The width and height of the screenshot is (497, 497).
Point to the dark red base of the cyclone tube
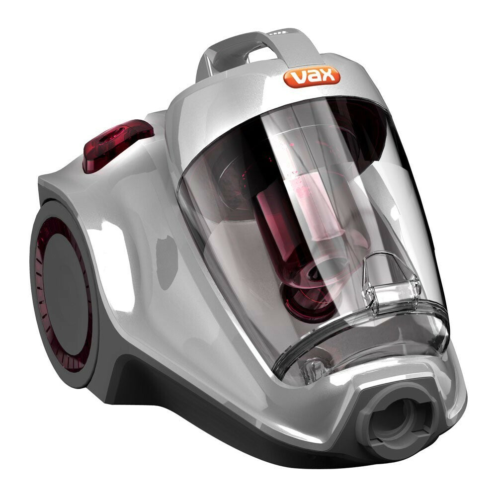click(x=308, y=298)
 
